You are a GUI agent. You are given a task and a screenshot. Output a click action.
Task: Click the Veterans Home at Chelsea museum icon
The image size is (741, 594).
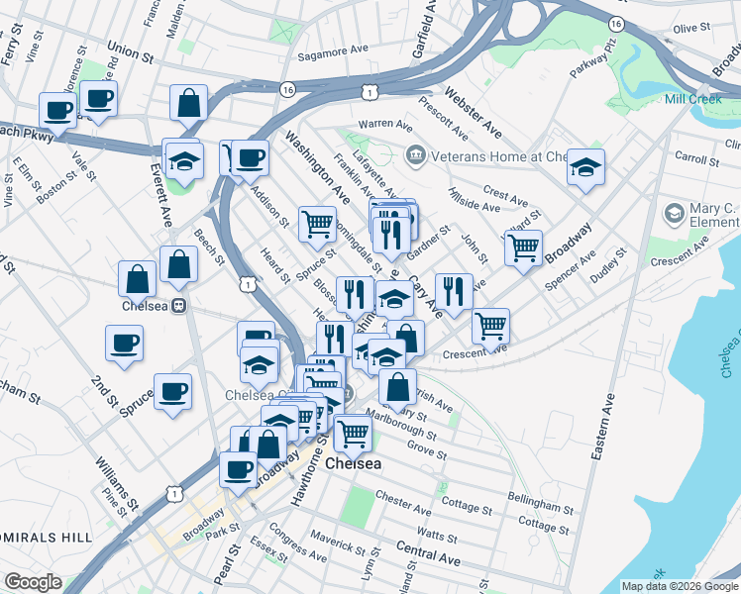pos(415,155)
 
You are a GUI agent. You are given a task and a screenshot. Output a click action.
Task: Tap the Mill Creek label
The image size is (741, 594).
pos(691,99)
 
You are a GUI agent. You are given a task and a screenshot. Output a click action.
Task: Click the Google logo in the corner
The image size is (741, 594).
pos(32,582)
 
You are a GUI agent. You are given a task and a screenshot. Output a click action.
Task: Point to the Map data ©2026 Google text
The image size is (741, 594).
pos(679,586)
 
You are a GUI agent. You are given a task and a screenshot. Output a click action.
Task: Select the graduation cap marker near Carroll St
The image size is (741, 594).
pos(585,167)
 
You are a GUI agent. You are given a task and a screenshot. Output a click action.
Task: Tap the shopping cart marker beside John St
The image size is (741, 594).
pos(523,247)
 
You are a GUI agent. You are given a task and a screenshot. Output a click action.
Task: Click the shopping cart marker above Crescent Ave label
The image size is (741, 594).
pos(490,325)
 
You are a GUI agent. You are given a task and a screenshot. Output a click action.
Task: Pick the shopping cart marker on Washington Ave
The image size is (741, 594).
pos(317,223)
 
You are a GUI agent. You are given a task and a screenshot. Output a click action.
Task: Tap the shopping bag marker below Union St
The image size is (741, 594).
pos(187,102)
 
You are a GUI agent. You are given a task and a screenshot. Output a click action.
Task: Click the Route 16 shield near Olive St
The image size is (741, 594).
pos(616,23)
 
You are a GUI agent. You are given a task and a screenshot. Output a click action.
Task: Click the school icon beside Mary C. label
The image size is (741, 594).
pos(675,213)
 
